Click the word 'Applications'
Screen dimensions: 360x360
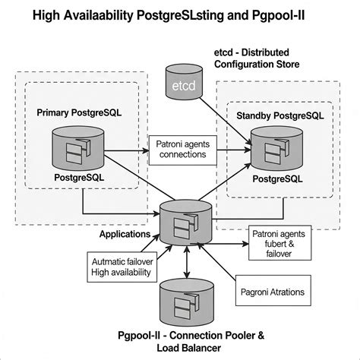pos(125,235)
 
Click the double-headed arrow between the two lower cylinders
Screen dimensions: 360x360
pos(186,261)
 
